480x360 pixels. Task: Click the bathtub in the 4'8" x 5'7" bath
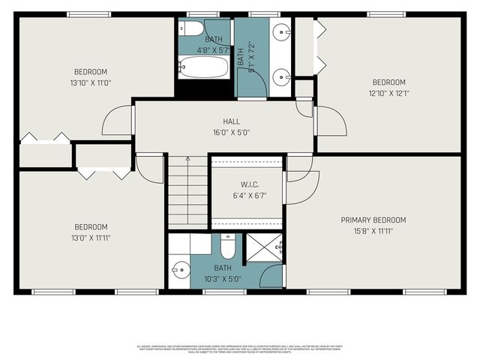pyautogui.click(x=203, y=68)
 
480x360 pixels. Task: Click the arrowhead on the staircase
pyautogui.click(x=187, y=158)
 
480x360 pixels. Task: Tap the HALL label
pyautogui.click(x=231, y=121)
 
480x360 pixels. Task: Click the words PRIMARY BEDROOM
pyautogui.click(x=373, y=220)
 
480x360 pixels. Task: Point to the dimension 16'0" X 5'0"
pyautogui.click(x=231, y=132)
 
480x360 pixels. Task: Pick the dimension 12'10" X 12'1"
pyautogui.click(x=388, y=93)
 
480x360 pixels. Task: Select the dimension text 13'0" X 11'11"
pyautogui.click(x=90, y=238)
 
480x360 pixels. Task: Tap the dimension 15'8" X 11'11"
pyautogui.click(x=373, y=231)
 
